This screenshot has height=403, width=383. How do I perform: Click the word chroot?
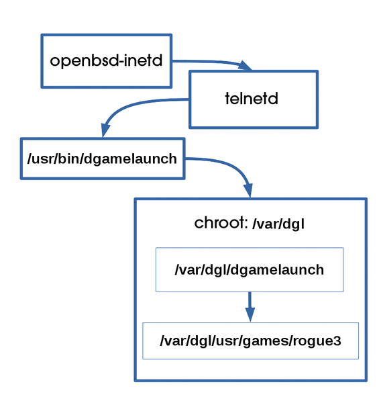coord(221,222)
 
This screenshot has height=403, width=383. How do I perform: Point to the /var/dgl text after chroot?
coord(278,224)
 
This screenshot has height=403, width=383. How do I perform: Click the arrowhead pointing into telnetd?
coord(245,65)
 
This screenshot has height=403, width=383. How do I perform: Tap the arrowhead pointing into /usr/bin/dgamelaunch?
coord(105,130)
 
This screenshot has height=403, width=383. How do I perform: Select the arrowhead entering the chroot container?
coord(248,191)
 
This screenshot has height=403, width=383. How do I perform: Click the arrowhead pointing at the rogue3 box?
coord(250,314)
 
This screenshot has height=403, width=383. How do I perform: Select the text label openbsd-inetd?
coord(106,61)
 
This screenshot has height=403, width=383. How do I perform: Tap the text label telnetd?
coord(252,99)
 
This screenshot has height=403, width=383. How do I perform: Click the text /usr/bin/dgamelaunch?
coord(102,159)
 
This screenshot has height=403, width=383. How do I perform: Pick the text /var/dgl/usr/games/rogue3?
coord(251,341)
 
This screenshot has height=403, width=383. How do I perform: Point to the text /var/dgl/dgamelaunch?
coord(250,270)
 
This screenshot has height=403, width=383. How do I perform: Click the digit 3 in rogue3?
coord(337,341)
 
